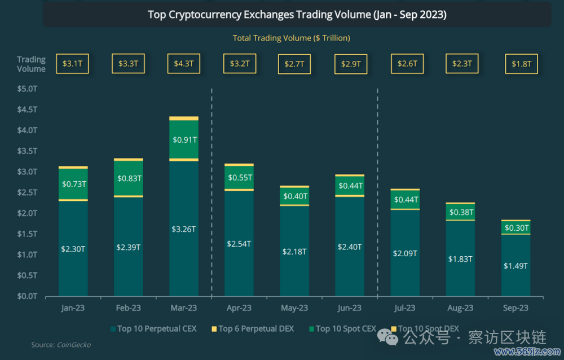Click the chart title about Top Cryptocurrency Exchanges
click(297, 15)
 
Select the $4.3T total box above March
click(183, 64)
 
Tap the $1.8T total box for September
click(521, 64)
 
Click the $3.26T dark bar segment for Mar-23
click(183, 229)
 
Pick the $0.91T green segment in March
click(183, 139)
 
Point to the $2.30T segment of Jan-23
click(73, 248)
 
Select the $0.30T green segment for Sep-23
click(516, 227)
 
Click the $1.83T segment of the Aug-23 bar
click(460, 258)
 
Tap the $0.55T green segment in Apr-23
click(239, 177)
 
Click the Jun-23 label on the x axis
click(349, 308)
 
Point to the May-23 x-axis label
click(294, 308)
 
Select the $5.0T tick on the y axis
click(27, 89)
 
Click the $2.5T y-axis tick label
click(27, 192)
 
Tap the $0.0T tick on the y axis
click(27, 296)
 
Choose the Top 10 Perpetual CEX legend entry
click(153, 328)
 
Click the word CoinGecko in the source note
click(73, 345)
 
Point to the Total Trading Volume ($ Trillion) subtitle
click(292, 38)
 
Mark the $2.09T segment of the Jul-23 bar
click(405, 253)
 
